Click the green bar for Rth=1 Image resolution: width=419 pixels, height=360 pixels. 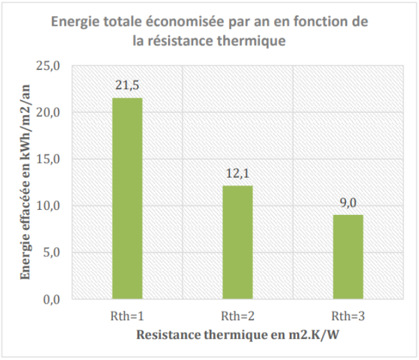[127, 198]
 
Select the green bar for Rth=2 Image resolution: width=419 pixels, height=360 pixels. [237, 242]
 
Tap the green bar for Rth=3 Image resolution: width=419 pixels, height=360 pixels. [348, 257]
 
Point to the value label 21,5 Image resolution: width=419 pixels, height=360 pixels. [127, 85]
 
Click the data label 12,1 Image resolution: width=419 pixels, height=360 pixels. [237, 173]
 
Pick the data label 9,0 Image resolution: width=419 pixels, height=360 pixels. [348, 203]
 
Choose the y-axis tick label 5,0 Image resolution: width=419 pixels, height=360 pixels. [51, 253]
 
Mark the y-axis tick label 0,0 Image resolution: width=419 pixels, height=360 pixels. [51, 300]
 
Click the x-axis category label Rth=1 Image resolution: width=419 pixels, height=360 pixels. [127, 316]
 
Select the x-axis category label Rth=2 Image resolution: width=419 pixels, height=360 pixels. [237, 316]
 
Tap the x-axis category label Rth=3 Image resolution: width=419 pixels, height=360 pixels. [348, 316]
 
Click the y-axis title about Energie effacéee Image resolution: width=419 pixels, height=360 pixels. [26, 183]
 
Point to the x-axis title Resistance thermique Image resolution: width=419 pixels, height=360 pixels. [237, 336]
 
